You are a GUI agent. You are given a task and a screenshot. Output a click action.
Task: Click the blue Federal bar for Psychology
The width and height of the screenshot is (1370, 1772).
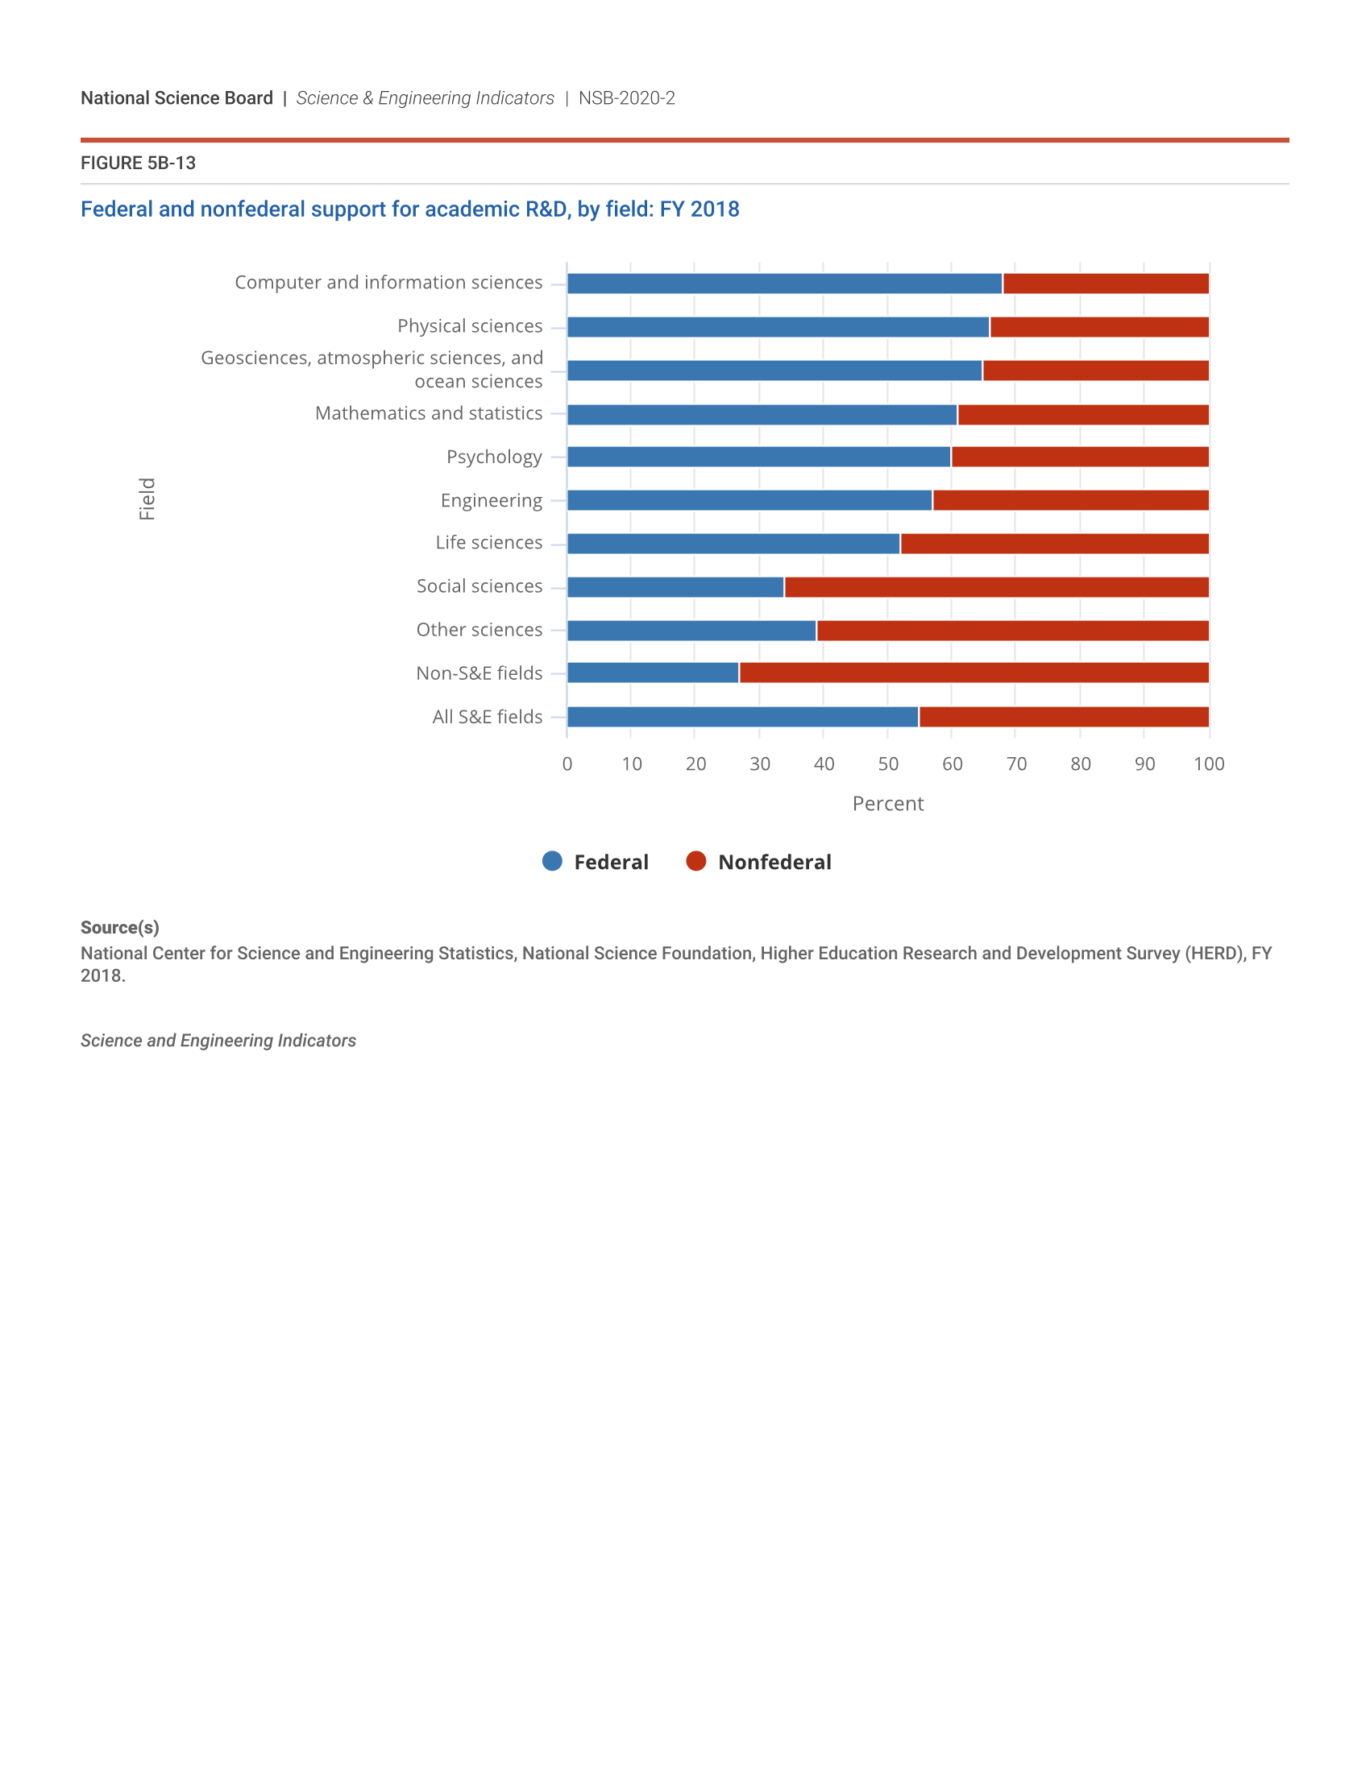click(759, 457)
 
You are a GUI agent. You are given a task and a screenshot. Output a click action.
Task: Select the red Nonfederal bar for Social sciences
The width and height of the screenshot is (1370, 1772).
click(997, 586)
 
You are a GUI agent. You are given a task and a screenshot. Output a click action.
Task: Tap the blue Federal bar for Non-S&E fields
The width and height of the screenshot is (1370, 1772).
click(653, 673)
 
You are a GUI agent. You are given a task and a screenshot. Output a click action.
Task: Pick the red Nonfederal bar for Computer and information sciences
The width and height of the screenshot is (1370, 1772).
click(1106, 284)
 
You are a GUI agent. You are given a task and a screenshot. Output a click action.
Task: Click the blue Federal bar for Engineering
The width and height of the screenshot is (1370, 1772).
click(749, 501)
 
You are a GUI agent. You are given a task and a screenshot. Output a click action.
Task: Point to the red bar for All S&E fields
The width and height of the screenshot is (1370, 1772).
click(1063, 716)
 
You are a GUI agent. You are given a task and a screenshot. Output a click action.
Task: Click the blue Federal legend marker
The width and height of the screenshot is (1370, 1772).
click(553, 861)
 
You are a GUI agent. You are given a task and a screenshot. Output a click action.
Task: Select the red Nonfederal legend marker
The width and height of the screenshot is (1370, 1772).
click(696, 861)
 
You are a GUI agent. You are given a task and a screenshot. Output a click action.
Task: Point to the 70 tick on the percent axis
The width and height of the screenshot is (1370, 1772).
click(1016, 764)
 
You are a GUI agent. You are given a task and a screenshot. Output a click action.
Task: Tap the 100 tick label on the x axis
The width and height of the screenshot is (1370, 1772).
click(1209, 764)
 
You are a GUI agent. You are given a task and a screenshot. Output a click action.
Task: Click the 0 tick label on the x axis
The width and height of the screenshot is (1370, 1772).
click(567, 764)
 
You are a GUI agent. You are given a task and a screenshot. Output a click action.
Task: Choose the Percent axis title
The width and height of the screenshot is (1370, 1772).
click(888, 803)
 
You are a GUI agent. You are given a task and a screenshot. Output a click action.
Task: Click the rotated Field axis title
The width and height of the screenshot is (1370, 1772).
click(147, 499)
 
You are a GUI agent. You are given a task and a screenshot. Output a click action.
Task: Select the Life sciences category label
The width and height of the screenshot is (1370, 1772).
click(488, 543)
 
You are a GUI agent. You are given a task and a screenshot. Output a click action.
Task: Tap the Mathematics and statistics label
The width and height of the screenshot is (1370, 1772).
click(429, 413)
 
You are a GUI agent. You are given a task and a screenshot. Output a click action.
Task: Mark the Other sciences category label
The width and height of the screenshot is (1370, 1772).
click(479, 630)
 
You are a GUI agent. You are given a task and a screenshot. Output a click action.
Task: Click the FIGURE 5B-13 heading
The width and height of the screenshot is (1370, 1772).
click(138, 163)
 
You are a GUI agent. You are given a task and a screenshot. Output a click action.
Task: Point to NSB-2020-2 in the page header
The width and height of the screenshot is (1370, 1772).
click(626, 98)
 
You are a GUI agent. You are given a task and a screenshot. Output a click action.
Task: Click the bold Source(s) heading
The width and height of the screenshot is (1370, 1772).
click(120, 927)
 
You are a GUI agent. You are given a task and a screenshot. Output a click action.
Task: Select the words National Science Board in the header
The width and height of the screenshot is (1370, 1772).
click(177, 98)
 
